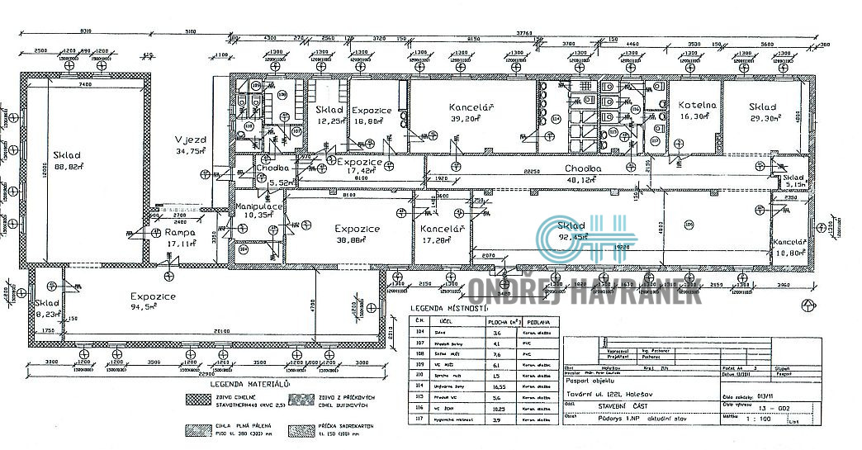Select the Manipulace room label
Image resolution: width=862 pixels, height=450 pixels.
260,206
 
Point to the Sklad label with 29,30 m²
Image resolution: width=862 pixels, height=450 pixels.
763,107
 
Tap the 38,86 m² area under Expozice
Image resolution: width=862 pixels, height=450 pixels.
357,239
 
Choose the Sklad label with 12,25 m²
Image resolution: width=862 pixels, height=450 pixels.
329,110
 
